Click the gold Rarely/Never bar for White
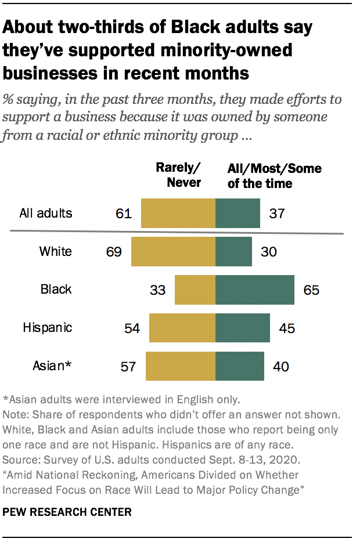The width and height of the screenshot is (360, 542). (x=173, y=251)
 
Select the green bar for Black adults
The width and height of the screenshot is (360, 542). (x=255, y=289)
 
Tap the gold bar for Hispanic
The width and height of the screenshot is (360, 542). (x=182, y=327)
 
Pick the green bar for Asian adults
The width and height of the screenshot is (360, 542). (x=240, y=366)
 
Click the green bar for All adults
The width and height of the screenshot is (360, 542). (x=237, y=213)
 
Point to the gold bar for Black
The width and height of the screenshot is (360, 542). (x=195, y=289)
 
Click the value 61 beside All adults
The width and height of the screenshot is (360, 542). (x=124, y=213)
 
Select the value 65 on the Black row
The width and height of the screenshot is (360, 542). (x=311, y=289)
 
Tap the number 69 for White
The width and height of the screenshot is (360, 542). (x=114, y=251)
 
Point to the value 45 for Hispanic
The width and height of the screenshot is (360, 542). (x=287, y=327)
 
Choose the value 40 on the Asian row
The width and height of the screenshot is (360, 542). (x=281, y=366)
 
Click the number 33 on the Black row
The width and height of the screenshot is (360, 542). (x=158, y=289)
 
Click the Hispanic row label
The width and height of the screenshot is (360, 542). (x=48, y=327)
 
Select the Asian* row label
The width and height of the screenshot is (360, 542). (x=52, y=365)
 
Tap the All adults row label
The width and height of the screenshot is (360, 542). (x=46, y=213)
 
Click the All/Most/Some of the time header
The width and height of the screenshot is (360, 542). (x=274, y=175)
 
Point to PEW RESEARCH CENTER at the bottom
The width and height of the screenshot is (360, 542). (x=67, y=512)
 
